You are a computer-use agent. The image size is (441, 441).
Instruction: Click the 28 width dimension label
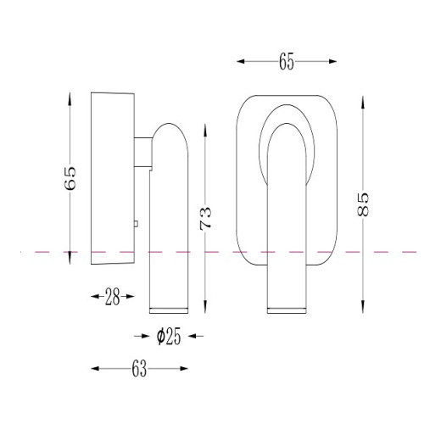tap(112, 297)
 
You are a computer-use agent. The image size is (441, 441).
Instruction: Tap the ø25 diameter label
tap(169, 337)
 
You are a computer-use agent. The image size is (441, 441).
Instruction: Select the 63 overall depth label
tap(139, 369)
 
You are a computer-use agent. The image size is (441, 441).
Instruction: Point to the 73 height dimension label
tap(205, 219)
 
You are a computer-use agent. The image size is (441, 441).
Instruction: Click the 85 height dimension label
tap(363, 204)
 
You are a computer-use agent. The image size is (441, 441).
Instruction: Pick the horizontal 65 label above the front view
tap(287, 61)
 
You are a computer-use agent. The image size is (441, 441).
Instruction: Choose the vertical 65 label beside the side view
tap(70, 178)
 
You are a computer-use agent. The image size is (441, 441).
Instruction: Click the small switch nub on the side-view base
tap(136, 224)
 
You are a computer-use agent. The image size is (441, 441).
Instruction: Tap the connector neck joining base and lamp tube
tap(143, 152)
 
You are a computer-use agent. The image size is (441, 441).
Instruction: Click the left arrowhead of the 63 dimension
tap(95, 369)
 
